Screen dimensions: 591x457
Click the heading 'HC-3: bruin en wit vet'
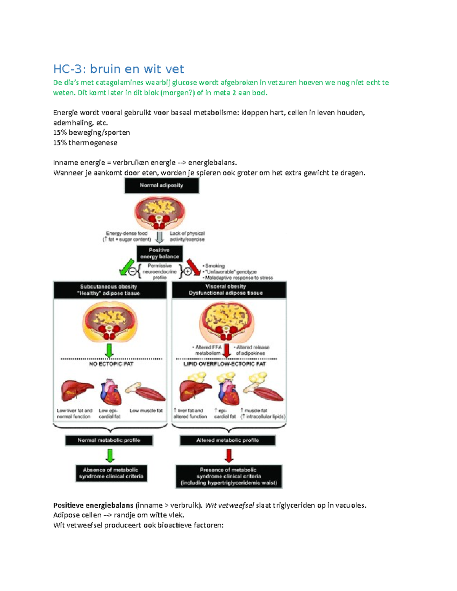click(118, 69)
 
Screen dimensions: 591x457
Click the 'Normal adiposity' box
click(161, 186)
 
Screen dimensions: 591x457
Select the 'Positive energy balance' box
click(160, 253)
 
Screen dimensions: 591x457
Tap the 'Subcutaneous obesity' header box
click(110, 290)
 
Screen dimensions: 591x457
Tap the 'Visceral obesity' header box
click(229, 290)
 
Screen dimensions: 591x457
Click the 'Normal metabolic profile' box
click(109, 440)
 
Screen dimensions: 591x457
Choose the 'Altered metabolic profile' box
click(227, 440)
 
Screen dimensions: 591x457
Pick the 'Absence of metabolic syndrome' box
click(111, 473)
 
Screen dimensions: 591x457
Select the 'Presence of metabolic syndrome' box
click(228, 476)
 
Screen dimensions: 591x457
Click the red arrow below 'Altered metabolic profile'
click(229, 455)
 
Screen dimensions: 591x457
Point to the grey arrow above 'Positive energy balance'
click(160, 237)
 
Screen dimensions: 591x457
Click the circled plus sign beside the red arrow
click(188, 272)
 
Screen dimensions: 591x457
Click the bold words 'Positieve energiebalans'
click(93, 505)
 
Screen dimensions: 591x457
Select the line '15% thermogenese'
click(85, 143)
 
